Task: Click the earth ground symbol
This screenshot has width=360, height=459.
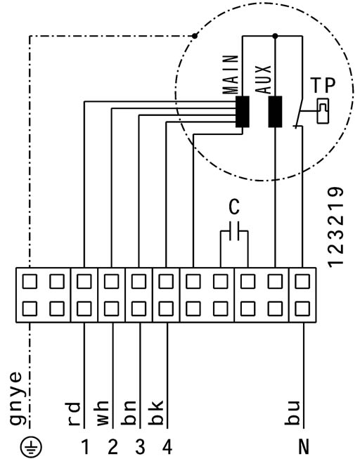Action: coord(31,447)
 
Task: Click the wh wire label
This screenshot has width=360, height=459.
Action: coord(102,413)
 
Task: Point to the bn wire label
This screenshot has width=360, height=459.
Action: coord(129,413)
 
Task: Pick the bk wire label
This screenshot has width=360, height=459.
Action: coord(156,413)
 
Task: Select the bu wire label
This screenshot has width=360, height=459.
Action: coord(292,413)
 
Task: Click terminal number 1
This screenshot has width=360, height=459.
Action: coord(85,447)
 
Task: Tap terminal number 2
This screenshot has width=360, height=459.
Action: coord(112,447)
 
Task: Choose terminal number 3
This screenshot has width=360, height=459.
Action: coord(140,447)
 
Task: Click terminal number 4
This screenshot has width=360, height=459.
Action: coord(167,447)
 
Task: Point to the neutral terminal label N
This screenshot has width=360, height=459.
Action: coord(304,447)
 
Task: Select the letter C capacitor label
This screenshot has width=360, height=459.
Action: coord(234,207)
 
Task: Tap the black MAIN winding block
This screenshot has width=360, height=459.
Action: coord(243,112)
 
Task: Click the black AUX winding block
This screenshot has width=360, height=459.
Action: coord(275,112)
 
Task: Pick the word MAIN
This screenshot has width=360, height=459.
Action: coord(230,75)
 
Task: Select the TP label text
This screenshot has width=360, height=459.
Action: coord(323,85)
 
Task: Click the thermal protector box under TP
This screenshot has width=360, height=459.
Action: coord(323,110)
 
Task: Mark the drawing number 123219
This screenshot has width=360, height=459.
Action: coord(335,227)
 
